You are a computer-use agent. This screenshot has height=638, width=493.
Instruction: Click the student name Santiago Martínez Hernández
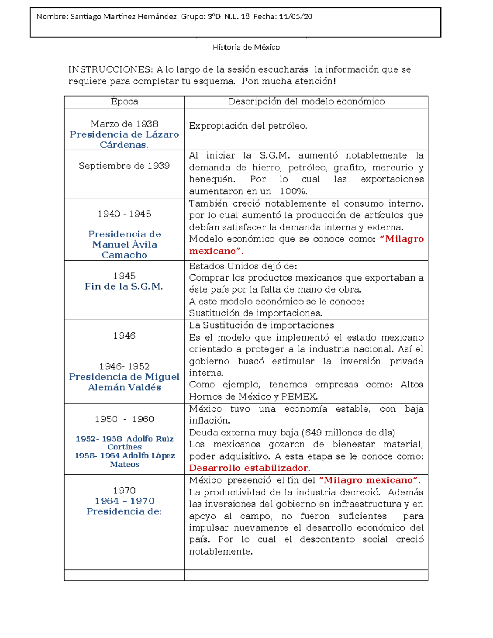click(x=124, y=17)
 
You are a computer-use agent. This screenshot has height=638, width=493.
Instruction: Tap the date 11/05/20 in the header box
click(x=295, y=17)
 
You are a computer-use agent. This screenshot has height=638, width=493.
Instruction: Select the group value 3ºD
click(x=214, y=17)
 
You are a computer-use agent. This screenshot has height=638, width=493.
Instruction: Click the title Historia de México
click(x=246, y=47)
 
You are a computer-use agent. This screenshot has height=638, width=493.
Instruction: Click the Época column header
click(x=124, y=101)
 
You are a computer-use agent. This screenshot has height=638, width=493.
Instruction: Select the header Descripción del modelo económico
click(x=306, y=101)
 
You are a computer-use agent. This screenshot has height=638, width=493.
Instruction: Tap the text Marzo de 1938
click(x=124, y=124)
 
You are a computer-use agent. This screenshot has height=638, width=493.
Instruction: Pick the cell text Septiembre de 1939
click(x=124, y=166)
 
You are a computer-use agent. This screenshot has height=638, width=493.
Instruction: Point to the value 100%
click(x=293, y=191)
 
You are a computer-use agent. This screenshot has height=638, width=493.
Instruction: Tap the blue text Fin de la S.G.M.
click(x=124, y=286)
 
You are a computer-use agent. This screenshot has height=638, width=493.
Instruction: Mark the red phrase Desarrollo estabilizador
click(x=249, y=468)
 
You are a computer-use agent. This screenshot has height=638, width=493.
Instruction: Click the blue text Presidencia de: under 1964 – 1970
click(x=124, y=511)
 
